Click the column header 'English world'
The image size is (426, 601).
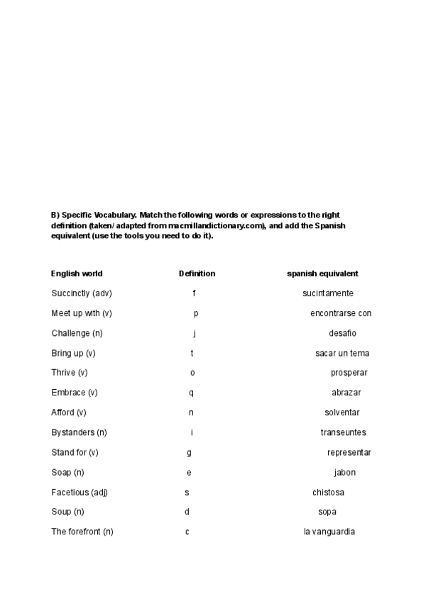point(77,274)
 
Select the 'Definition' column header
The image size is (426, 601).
point(197,274)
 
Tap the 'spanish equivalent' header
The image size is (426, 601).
point(322,274)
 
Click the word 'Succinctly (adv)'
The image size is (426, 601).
point(82,293)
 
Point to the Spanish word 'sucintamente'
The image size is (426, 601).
point(327,293)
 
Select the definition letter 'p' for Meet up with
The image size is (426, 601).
point(196,313)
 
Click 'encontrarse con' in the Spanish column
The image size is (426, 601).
point(341,313)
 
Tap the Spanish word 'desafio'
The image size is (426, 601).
point(342,333)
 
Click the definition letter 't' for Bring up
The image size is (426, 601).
point(192,353)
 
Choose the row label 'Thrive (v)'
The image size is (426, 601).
point(70,373)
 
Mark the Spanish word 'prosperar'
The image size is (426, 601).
point(349,373)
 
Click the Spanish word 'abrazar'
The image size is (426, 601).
point(346,393)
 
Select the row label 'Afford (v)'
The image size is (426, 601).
point(69,412)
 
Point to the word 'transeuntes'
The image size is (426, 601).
point(343,432)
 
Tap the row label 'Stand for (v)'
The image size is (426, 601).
point(75,452)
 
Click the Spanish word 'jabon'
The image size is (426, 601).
point(345,473)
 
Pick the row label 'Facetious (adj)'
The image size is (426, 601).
point(80,493)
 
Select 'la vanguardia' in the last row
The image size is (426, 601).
point(329,532)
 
